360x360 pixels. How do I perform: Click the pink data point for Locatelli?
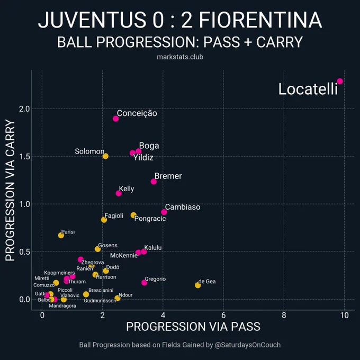pyautogui.click(x=340, y=82)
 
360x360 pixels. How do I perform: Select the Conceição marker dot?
pyautogui.click(x=116, y=119)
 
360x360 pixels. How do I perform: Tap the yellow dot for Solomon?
pyautogui.click(x=105, y=156)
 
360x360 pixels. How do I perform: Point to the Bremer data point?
pyautogui.click(x=154, y=182)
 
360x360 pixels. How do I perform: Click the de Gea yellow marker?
pyautogui.click(x=197, y=285)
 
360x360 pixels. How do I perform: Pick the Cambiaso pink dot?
pyautogui.click(x=164, y=212)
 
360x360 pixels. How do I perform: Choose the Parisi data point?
pyautogui.click(x=61, y=236)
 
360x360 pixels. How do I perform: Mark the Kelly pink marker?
pyautogui.click(x=119, y=193)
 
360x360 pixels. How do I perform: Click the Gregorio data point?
pyautogui.click(x=144, y=282)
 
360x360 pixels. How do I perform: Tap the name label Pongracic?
pyautogui.click(x=150, y=219)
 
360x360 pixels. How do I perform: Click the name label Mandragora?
pyautogui.click(x=62, y=306)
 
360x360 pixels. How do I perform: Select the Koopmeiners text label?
pyautogui.click(x=59, y=273)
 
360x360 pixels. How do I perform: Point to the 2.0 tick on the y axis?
pyautogui.click(x=24, y=109)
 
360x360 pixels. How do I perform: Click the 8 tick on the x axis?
pyautogui.click(x=284, y=315)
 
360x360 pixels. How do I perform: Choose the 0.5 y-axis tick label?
pyautogui.click(x=24, y=251)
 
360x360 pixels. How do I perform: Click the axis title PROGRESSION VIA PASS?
pyautogui.click(x=193, y=327)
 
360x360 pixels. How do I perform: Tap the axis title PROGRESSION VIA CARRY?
pyautogui.click(x=10, y=190)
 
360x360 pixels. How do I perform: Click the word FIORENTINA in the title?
pyautogui.click(x=260, y=20)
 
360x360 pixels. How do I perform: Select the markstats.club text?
pyautogui.click(x=180, y=57)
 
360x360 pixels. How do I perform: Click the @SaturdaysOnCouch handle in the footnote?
pyautogui.click(x=248, y=345)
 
